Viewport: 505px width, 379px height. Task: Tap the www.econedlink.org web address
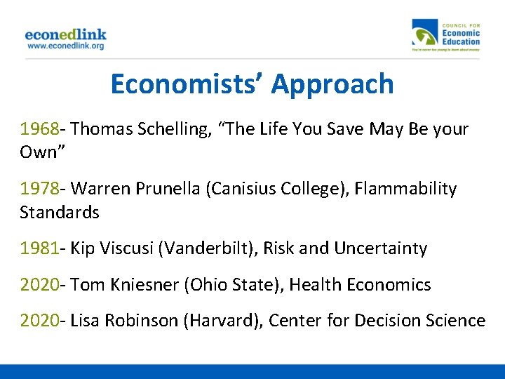coord(65,46)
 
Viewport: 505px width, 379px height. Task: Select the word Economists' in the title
coord(187,84)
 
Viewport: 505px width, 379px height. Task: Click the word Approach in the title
coord(332,84)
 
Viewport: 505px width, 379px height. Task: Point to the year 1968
coord(39,129)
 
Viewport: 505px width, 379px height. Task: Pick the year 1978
coord(39,189)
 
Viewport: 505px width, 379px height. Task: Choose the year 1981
coord(39,248)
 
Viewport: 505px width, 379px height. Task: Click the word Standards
coord(60,212)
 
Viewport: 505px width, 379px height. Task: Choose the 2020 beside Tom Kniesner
coord(39,285)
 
